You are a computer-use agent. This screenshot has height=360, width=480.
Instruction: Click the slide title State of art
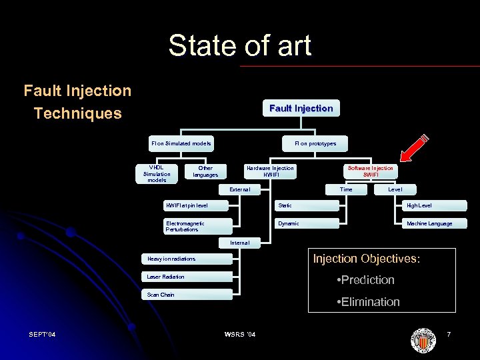click(239, 46)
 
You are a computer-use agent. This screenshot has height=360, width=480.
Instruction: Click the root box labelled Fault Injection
click(301, 108)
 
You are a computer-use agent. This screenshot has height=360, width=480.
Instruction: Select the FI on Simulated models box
click(181, 143)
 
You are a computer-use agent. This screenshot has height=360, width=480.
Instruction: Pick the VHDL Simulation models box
click(157, 173)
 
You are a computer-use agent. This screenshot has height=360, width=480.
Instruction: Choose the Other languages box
click(205, 171)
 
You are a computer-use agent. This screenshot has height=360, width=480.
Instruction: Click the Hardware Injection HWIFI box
click(270, 171)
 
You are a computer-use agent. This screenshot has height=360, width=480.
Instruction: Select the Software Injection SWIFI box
click(371, 171)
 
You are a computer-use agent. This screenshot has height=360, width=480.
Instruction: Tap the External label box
click(240, 189)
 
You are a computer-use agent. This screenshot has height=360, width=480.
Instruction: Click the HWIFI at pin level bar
click(198, 205)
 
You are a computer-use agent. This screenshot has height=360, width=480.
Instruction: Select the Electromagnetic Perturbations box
click(198, 226)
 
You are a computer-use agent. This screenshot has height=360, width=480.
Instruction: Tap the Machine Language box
click(429, 223)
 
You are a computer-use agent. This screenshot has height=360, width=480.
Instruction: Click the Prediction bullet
click(366, 280)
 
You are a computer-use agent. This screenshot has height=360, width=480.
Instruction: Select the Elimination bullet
click(369, 302)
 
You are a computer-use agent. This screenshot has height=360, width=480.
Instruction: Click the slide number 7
click(449, 333)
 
